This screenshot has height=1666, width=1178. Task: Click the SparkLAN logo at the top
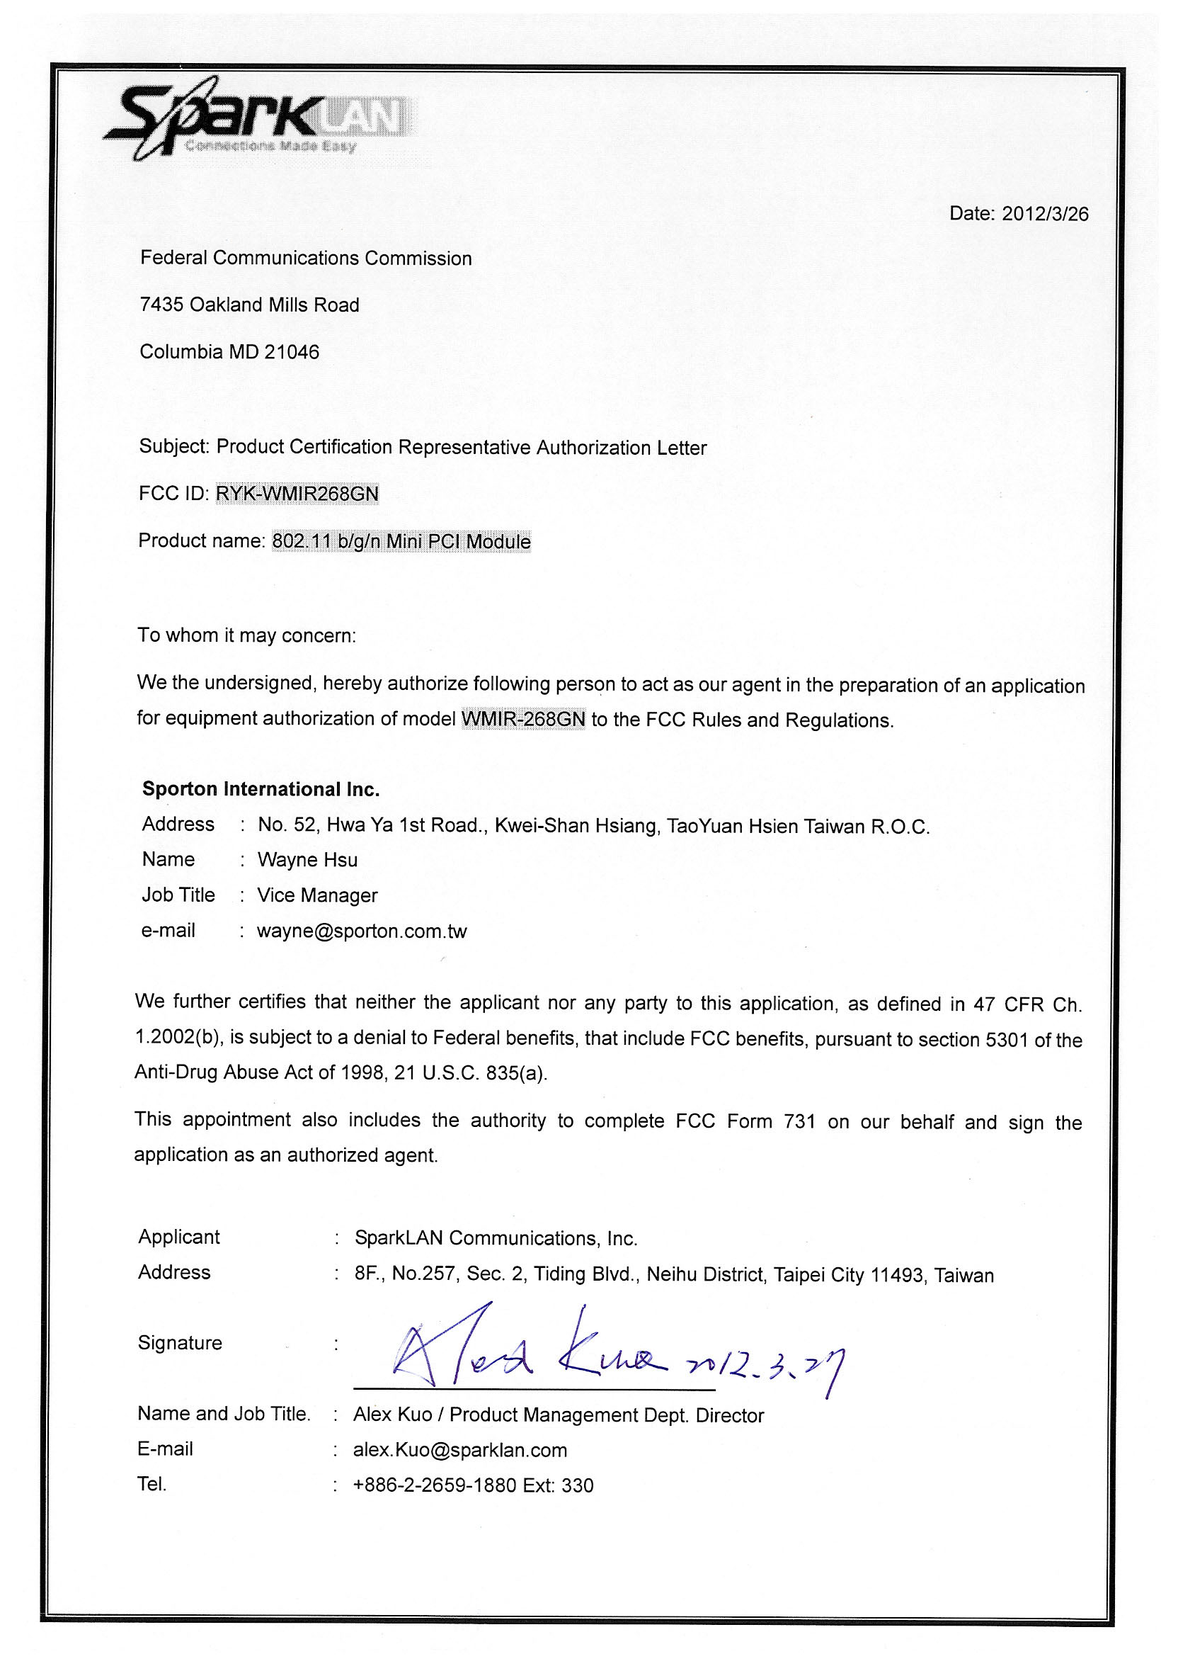258,120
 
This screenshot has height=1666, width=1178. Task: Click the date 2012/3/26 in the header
1044,214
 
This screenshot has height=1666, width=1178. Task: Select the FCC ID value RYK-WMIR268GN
297,494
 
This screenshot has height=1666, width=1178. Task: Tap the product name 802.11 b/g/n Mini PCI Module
401,541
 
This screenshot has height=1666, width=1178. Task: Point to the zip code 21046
292,353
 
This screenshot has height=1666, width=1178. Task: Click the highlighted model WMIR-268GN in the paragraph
523,719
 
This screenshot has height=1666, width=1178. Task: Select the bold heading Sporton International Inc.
261,790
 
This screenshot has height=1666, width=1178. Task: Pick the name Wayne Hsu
307,861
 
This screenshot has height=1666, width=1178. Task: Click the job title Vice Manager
317,896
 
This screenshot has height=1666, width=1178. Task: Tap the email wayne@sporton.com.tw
362,931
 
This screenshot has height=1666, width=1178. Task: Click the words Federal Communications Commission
305,259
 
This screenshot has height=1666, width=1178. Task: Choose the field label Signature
180,1343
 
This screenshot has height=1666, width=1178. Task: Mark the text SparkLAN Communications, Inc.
496,1239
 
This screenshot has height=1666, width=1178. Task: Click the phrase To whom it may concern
246,635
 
